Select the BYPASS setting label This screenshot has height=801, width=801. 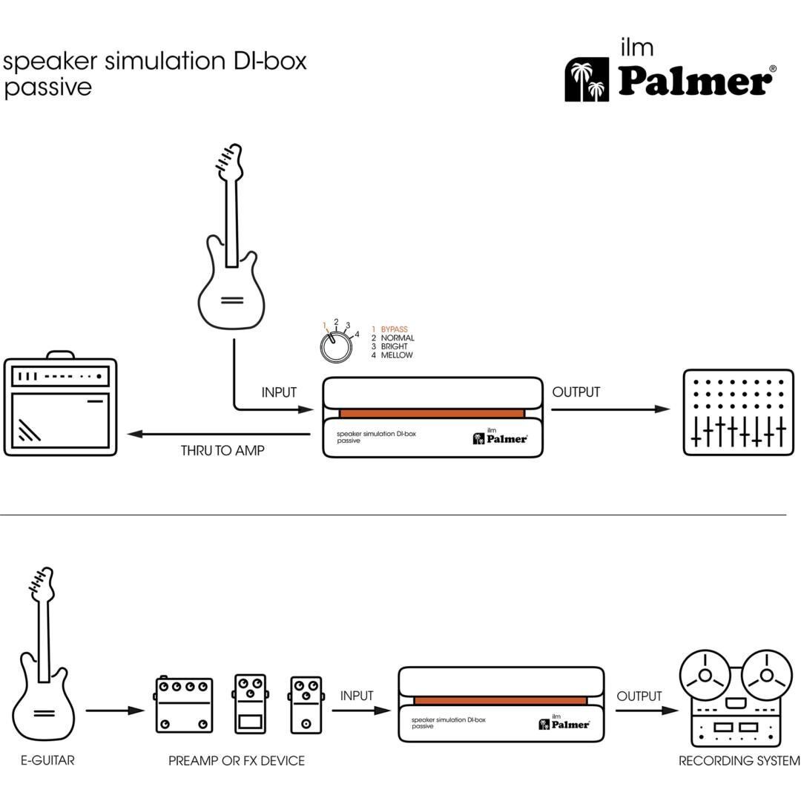(394, 329)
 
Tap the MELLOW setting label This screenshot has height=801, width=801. (397, 355)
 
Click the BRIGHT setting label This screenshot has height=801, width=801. (394, 346)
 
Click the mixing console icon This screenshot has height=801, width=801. (737, 412)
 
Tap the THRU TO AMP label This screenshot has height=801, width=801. (222, 450)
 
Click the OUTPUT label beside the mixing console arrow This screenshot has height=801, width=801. (576, 392)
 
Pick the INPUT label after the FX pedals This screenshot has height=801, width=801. (357, 696)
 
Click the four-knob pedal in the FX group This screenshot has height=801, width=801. (184, 705)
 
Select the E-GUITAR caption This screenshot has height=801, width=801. (47, 760)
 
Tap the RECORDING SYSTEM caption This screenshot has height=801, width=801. (739, 760)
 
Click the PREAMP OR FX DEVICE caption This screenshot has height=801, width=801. (237, 760)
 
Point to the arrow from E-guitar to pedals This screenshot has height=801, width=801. (115, 711)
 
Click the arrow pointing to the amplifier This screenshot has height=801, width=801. (219, 434)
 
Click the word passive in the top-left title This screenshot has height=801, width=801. (47, 88)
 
